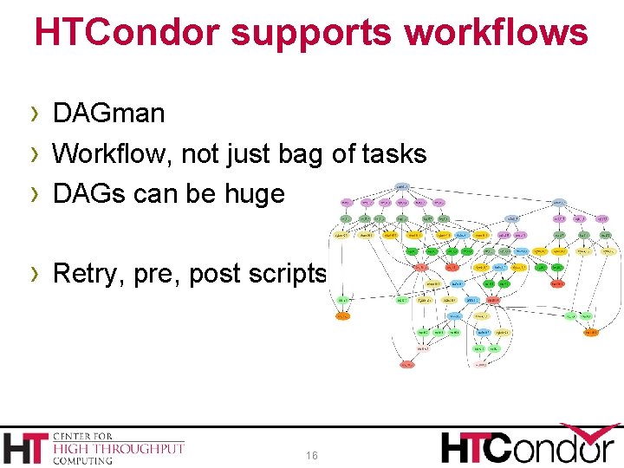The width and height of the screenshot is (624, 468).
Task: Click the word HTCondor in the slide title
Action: coord(127,33)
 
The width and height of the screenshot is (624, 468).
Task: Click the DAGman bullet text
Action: coord(108,114)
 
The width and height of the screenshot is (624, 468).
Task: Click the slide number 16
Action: coord(312,456)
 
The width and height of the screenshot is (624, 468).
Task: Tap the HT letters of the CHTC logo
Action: coord(27,447)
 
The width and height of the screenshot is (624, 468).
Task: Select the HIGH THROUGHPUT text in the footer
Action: coord(119,448)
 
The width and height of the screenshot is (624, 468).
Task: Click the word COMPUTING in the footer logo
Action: coord(83,460)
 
